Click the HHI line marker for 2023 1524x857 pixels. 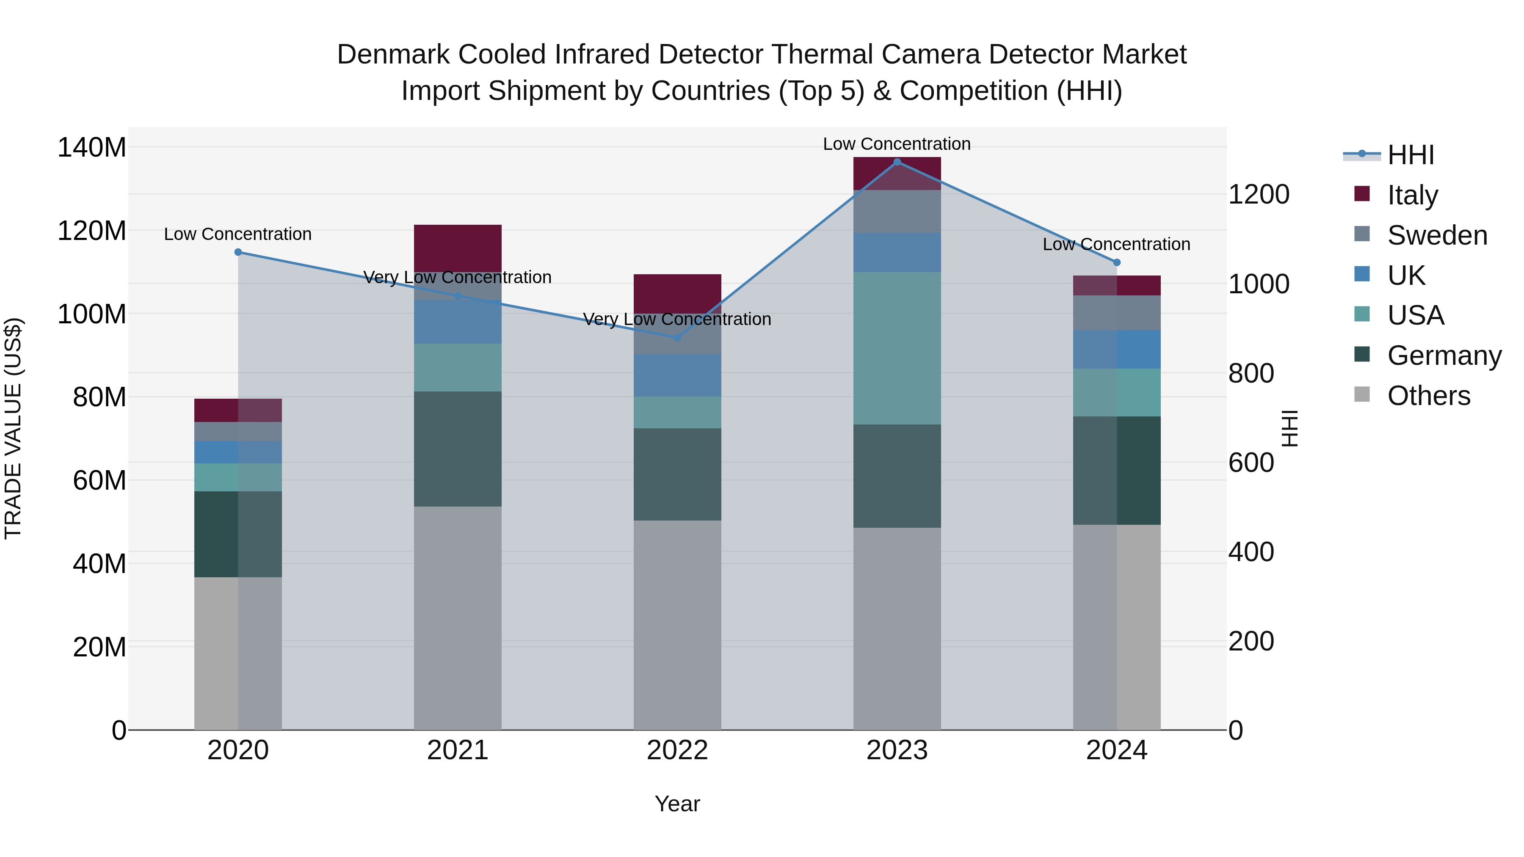tap(897, 162)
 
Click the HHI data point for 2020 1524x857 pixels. tap(238, 252)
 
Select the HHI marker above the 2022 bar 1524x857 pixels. tap(677, 338)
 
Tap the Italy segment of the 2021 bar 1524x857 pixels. tap(457, 248)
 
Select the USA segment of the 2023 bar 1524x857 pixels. tap(897, 348)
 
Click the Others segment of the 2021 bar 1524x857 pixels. tap(457, 617)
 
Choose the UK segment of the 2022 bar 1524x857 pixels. tap(677, 375)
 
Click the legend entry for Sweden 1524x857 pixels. tap(1436, 235)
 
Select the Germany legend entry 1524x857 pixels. tap(1443, 355)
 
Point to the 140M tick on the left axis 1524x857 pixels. tap(92, 147)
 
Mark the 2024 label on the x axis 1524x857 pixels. tap(1116, 750)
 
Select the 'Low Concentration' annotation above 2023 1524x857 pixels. tap(897, 144)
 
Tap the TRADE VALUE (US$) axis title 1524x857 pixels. tap(13, 428)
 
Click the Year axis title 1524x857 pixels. tap(677, 804)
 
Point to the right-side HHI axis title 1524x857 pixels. tap(1290, 428)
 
